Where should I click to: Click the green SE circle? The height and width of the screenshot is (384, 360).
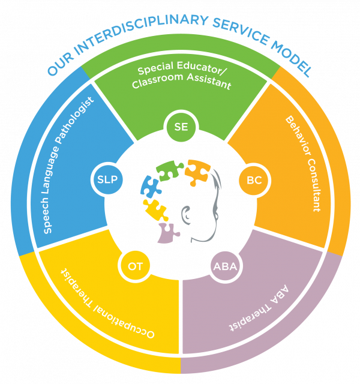[181, 127]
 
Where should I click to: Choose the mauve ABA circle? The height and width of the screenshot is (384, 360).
[225, 265]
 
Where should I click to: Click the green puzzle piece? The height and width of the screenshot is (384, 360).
[170, 170]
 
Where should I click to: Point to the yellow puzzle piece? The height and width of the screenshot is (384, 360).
[155, 210]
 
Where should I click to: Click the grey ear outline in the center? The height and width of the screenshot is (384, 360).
[188, 213]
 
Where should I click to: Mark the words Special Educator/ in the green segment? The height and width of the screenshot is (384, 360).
[181, 70]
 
